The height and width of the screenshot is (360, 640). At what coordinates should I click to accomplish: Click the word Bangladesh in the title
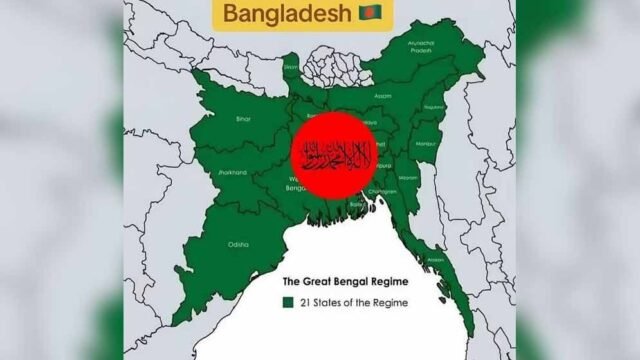coord(285,15)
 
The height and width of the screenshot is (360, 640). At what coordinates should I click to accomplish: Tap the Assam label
coord(383,98)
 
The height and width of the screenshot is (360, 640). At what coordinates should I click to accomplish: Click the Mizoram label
coord(408,176)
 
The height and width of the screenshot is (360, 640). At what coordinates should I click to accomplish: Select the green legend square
coord(287,301)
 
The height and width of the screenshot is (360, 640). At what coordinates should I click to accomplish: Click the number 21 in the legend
coord(304,301)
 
